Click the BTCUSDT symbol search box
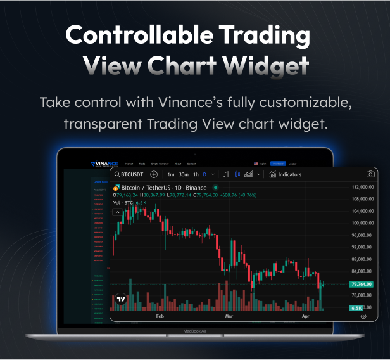tap(129, 174)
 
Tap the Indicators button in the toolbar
tap(286, 174)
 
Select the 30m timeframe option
tap(184, 174)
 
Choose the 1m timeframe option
tap(171, 174)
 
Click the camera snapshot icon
tap(370, 174)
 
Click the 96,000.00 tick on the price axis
tap(363, 235)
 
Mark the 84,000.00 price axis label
tap(363, 271)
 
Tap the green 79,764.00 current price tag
tap(362, 285)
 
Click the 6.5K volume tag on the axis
tap(356, 308)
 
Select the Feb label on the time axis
tap(160, 315)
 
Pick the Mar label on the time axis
tap(229, 315)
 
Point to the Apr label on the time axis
tap(306, 315)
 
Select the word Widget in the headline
tap(269, 65)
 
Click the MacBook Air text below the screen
tap(195, 331)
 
